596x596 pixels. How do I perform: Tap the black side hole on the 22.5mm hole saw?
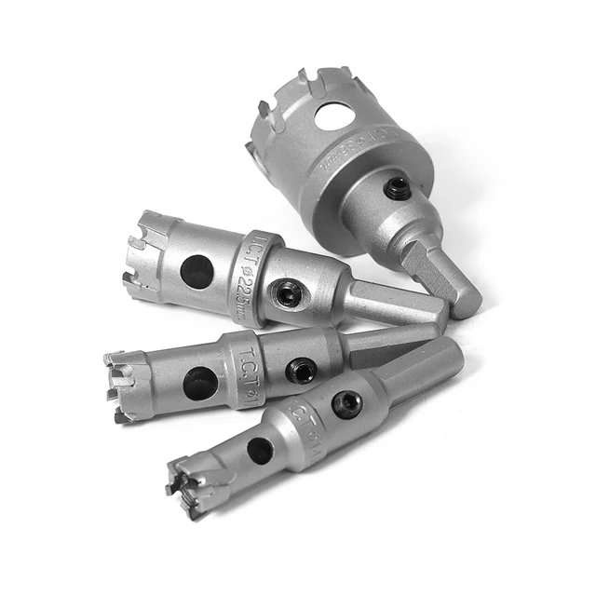196,271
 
